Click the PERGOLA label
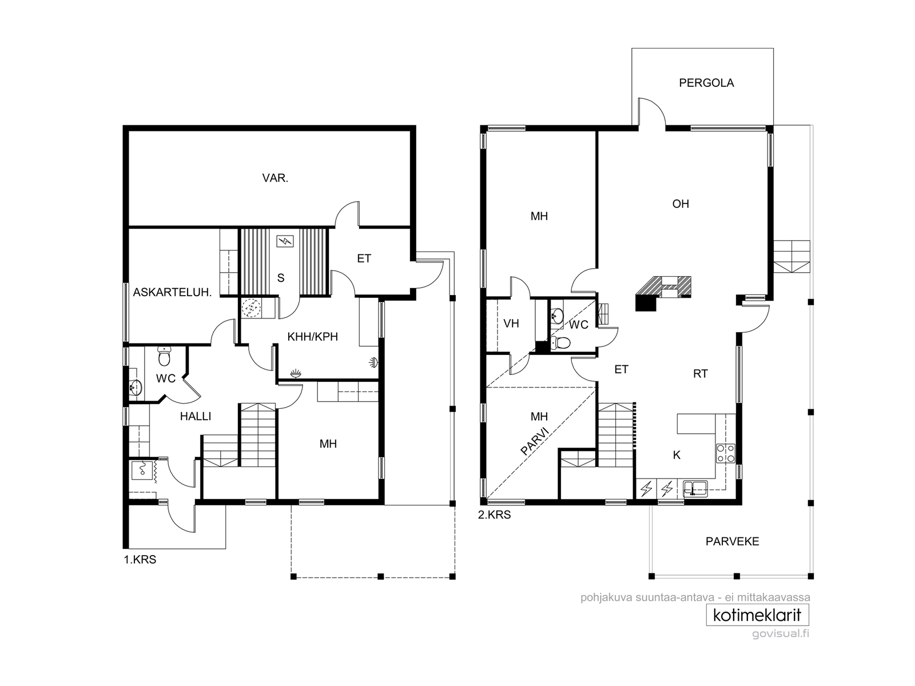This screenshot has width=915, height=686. (706, 83)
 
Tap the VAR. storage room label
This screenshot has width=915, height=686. (275, 178)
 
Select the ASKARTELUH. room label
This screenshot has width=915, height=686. (172, 292)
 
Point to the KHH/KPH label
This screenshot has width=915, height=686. (313, 337)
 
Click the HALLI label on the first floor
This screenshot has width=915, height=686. (196, 416)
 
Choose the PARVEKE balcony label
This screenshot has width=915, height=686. (733, 541)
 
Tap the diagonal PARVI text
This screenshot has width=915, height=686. (536, 441)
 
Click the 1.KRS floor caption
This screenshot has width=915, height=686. (140, 560)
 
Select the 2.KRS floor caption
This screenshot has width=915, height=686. (495, 515)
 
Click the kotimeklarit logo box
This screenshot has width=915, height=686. (757, 615)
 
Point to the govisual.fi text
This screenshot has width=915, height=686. (781, 633)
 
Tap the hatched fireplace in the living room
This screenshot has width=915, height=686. (663, 293)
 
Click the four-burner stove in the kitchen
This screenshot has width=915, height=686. (725, 453)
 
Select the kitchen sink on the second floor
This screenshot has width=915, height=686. (695, 489)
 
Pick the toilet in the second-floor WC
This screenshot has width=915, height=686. (560, 343)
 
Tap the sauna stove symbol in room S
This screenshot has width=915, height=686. (285, 241)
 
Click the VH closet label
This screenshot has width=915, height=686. (511, 324)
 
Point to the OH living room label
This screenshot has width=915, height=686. (681, 204)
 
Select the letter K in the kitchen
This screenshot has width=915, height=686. (677, 455)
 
